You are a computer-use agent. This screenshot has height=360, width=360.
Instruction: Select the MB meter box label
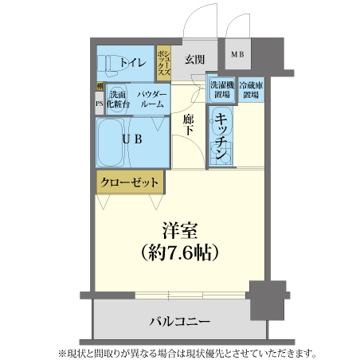click(237, 55)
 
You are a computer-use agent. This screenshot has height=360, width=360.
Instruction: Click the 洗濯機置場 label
click(221, 89)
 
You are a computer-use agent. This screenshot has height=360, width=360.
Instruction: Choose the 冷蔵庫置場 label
click(251, 89)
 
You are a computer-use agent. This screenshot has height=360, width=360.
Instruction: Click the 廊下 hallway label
click(189, 125)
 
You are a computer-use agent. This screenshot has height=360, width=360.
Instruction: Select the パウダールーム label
click(151, 100)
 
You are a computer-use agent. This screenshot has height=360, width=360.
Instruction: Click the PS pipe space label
click(99, 103)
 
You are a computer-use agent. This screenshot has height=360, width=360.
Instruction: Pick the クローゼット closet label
click(129, 182)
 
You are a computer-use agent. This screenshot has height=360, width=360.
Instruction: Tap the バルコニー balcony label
click(180, 322)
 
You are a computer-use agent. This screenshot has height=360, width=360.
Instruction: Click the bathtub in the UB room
click(112, 140)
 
